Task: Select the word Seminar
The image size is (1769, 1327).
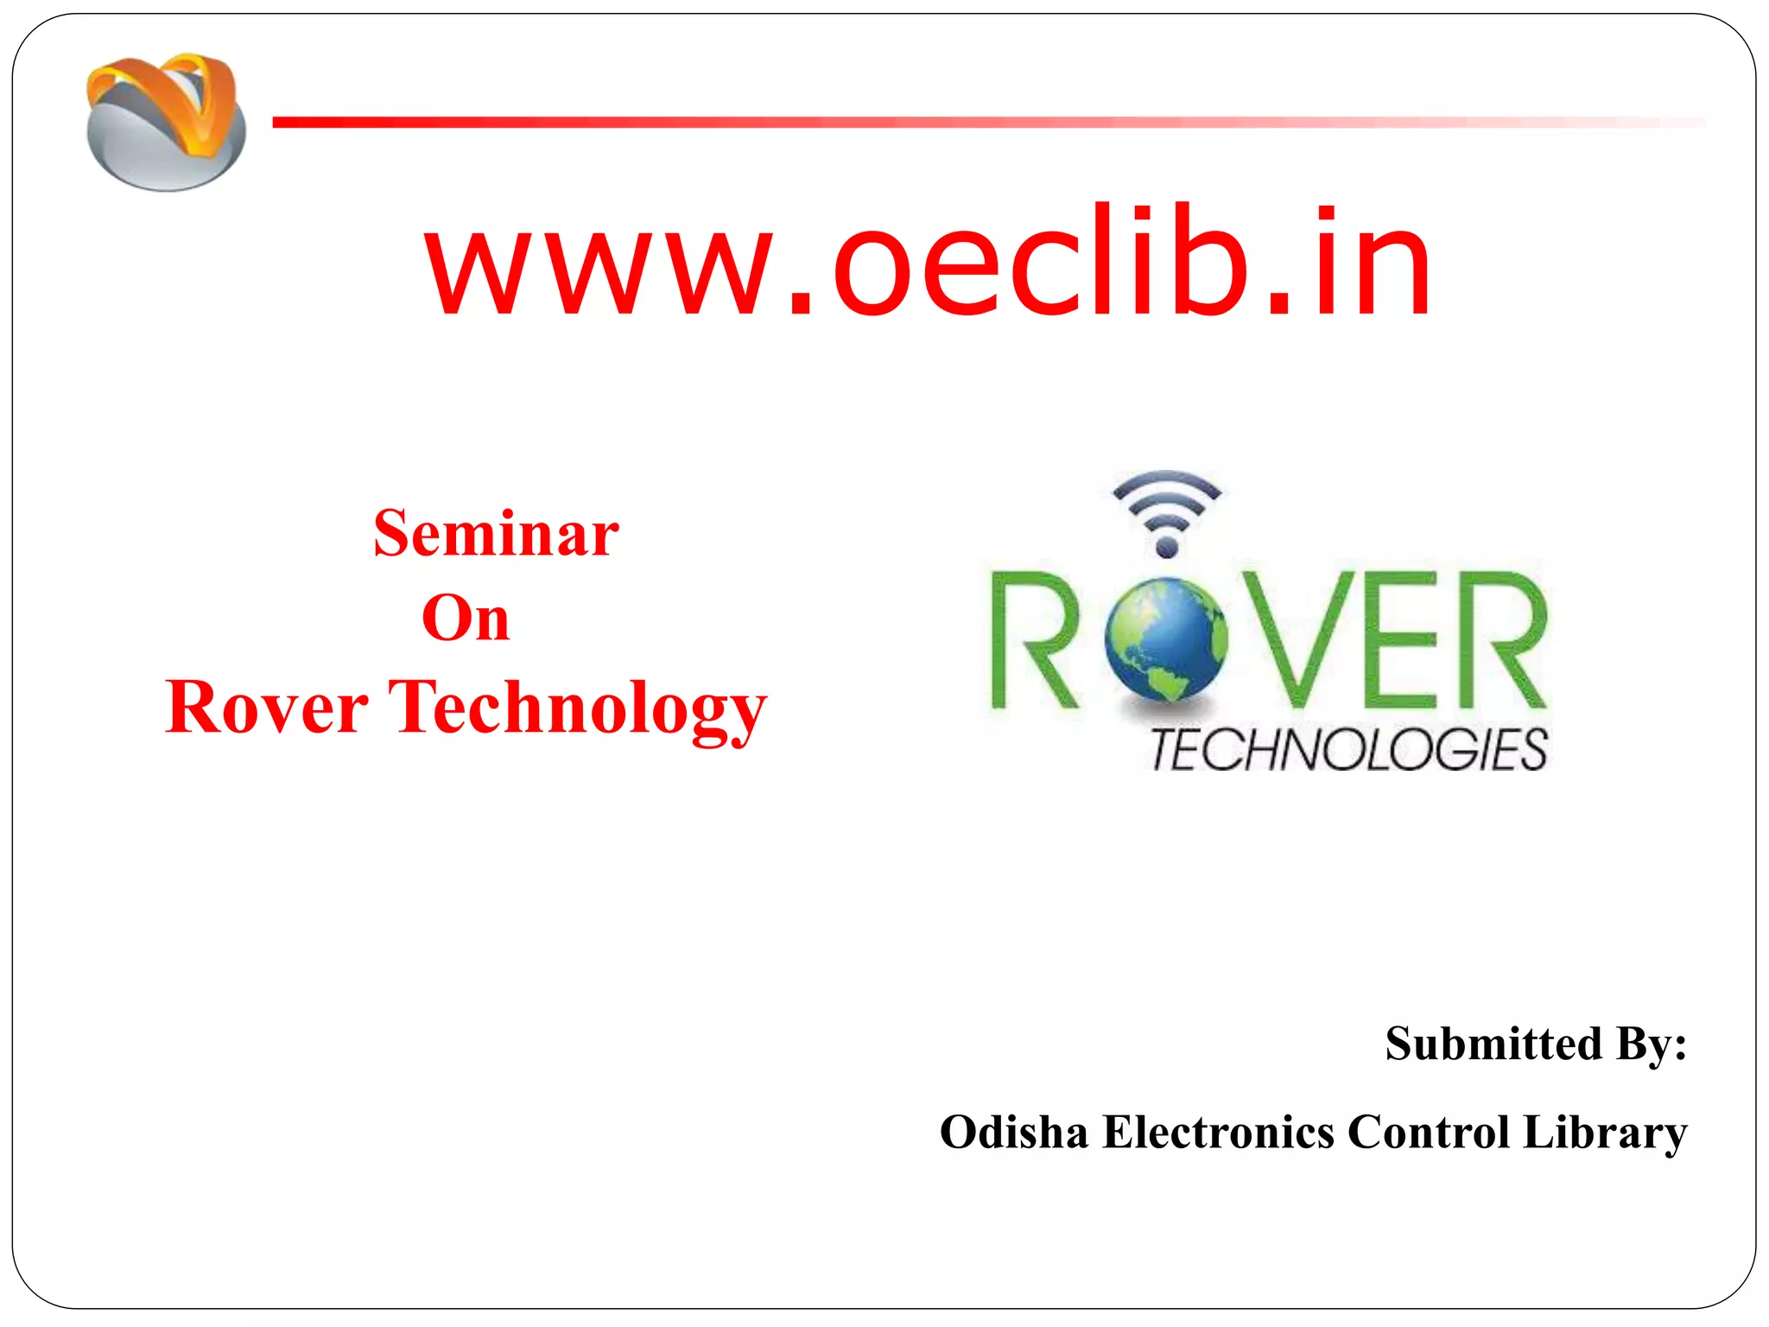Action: (496, 533)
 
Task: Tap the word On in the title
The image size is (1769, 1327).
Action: (466, 618)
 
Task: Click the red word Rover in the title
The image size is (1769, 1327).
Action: (267, 708)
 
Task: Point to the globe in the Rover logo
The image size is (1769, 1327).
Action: (1165, 640)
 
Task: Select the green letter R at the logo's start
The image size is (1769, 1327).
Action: (1033, 640)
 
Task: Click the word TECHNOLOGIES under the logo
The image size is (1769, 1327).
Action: (1348, 749)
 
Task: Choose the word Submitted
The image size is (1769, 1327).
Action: (1493, 1044)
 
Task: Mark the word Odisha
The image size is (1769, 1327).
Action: (1014, 1132)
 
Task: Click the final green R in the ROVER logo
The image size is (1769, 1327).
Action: (1502, 639)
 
